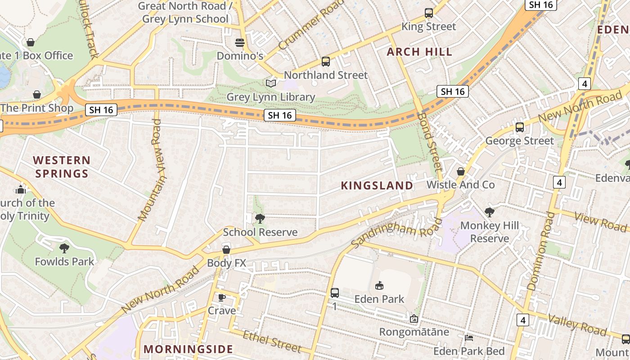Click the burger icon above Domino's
click(x=240, y=43)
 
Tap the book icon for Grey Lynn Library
click(x=270, y=84)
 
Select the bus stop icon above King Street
click(x=428, y=13)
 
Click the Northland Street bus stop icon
click(x=326, y=62)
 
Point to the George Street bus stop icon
click(x=520, y=127)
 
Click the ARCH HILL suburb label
click(x=419, y=52)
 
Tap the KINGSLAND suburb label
click(x=377, y=185)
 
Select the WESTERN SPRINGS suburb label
click(x=62, y=166)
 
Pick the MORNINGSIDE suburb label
click(x=189, y=349)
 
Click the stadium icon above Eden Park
click(x=379, y=285)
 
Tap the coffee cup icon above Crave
click(x=221, y=297)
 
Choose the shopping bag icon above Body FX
click(x=226, y=250)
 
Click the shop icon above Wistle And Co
click(x=460, y=171)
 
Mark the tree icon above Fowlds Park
click(x=64, y=248)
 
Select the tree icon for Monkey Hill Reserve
click(x=490, y=212)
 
